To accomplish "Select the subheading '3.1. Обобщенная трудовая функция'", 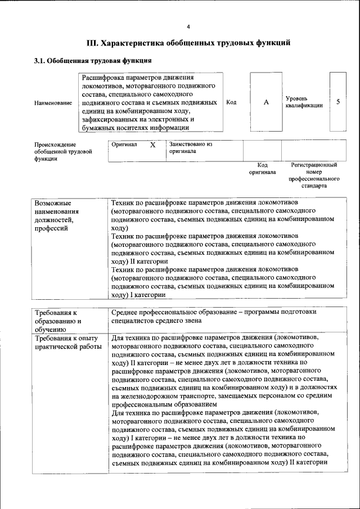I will click(93, 60).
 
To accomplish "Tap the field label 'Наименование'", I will click(53, 103).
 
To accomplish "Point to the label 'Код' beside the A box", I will click(231, 102).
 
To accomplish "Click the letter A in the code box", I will click(266, 102).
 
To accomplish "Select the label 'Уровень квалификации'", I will click(304, 102).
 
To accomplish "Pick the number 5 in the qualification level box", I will click(337, 102).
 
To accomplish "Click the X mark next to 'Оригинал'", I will click(152, 145).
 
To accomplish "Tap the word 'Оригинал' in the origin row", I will click(124, 145).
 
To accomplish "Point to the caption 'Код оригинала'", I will click(262, 169).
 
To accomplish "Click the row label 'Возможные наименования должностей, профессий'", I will click(56, 215).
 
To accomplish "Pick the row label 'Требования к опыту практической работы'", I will click(67, 342).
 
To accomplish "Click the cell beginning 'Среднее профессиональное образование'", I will click(214, 316).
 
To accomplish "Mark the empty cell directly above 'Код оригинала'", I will click(262, 150).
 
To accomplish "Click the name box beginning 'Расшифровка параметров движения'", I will click(150, 102).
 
